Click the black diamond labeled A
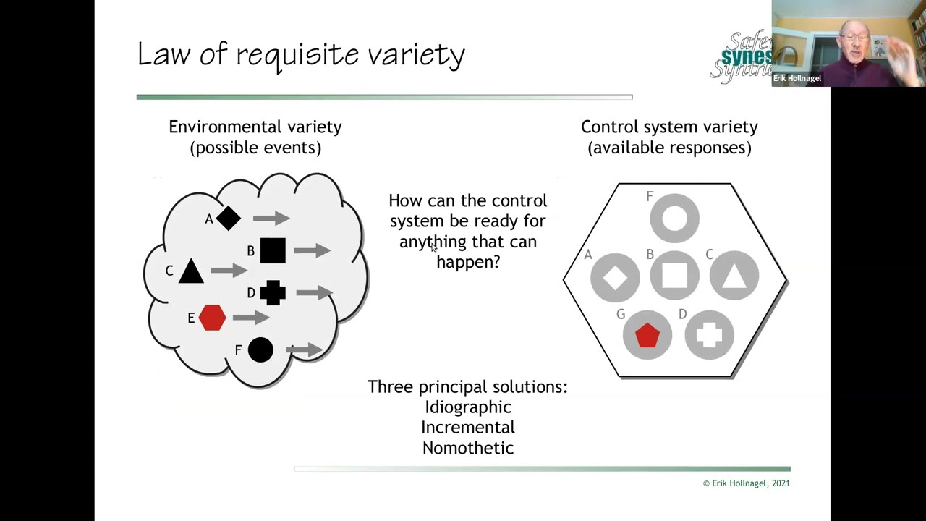pos(228,219)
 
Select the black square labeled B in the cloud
pos(273,250)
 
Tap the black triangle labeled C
pos(191,271)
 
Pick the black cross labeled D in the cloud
pos(273,292)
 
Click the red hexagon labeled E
pos(212,318)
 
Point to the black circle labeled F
pos(260,350)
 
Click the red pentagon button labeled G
pos(647,335)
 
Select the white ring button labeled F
pos(674,218)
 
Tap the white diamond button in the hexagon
pos(615,276)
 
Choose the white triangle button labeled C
pos(734,276)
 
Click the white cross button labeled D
pos(709,335)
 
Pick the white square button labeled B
pos(674,276)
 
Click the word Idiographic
pos(467,407)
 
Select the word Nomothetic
pos(467,448)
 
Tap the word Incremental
pos(467,428)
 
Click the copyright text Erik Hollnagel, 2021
pos(746,483)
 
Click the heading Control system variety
pos(669,127)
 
